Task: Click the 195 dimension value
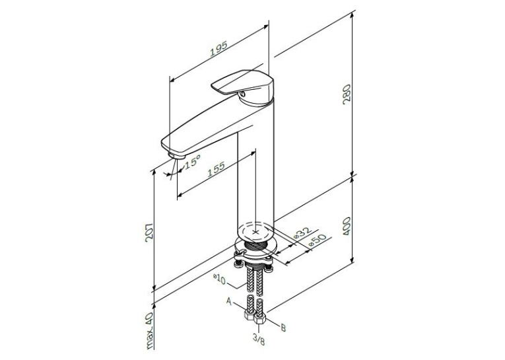tap(219, 48)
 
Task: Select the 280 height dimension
tap(347, 94)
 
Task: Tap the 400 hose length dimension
tap(347, 226)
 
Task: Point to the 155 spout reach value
tap(215, 170)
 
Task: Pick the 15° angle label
tap(192, 161)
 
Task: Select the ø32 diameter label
tap(303, 233)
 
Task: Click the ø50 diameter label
tap(318, 240)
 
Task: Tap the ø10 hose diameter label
tap(219, 278)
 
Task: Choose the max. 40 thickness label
tap(150, 331)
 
